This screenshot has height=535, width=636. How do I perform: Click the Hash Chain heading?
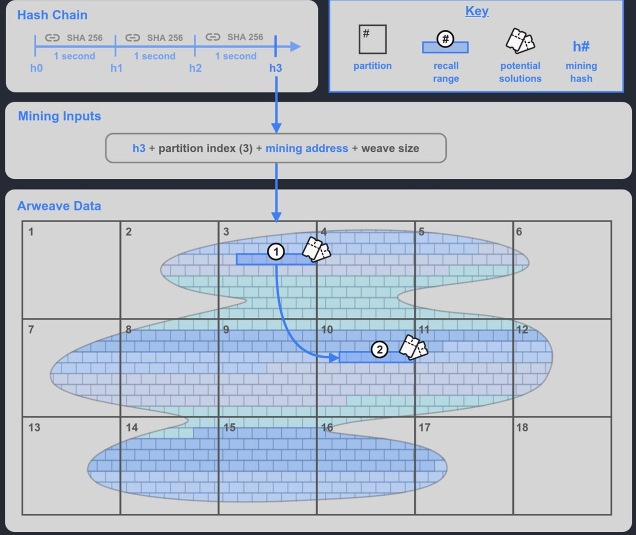[x=52, y=15]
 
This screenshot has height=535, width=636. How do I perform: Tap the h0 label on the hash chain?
[x=36, y=68]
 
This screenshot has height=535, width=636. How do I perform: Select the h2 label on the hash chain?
[x=195, y=68]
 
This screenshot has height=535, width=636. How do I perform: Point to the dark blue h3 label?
[x=276, y=68]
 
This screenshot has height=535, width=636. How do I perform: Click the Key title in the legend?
[x=477, y=11]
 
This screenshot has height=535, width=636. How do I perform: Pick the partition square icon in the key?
[x=372, y=39]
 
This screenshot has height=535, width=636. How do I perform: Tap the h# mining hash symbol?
[x=581, y=46]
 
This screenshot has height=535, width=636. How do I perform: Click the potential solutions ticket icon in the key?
[x=520, y=41]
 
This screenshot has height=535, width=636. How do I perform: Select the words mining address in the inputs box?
[x=307, y=148]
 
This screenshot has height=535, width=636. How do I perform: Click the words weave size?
[x=390, y=148]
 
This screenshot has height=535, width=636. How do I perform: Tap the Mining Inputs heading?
[x=59, y=116]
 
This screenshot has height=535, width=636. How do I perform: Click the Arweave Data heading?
[x=59, y=206]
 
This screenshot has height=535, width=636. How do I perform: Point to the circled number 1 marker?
[x=276, y=252]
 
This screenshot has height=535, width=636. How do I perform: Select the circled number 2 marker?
[x=379, y=349]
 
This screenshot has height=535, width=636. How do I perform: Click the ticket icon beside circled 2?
[x=413, y=348]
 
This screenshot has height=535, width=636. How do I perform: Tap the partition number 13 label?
[x=34, y=427]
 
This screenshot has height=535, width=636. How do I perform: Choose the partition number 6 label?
[x=519, y=232]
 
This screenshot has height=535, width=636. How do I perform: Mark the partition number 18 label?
[x=522, y=427]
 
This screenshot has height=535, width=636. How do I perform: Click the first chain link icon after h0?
[x=53, y=38]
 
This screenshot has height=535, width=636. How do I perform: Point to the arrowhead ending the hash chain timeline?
[x=295, y=47]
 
